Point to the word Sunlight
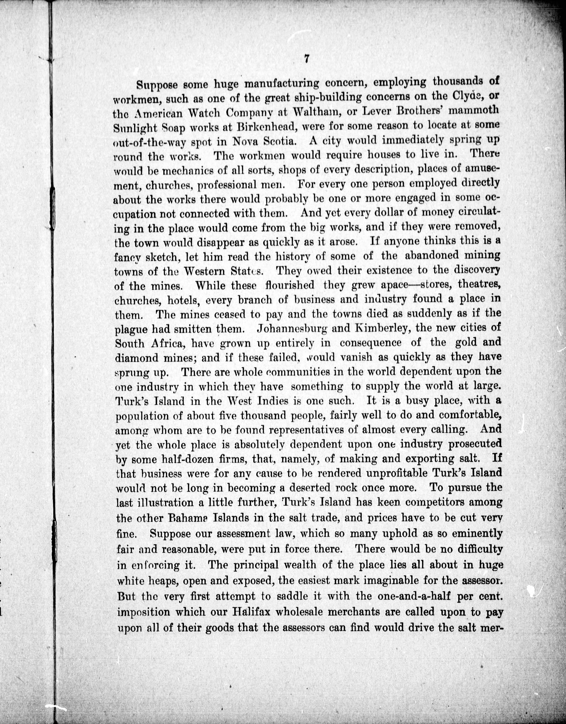(136, 127)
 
